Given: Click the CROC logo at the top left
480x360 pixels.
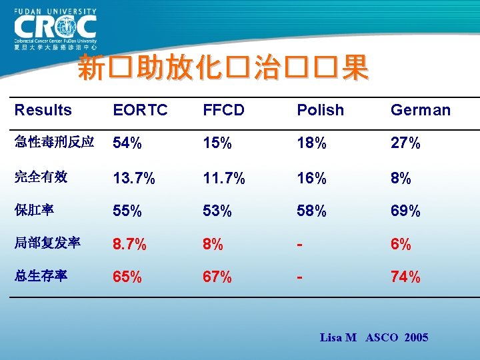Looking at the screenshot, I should click(x=55, y=30).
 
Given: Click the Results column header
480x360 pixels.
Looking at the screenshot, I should click(x=43, y=110).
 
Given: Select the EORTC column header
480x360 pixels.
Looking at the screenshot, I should click(x=141, y=110).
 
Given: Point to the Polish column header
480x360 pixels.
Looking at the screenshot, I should click(x=320, y=110).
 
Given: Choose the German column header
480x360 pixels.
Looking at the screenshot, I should click(x=420, y=110).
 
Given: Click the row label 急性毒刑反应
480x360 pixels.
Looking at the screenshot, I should click(x=54, y=143).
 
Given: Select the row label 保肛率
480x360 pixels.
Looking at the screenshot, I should click(x=34, y=211).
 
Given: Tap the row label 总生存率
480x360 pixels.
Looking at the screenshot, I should click(x=41, y=276).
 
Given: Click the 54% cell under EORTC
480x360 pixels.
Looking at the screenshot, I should click(x=127, y=143).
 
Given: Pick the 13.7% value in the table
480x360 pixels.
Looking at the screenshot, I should click(x=134, y=178).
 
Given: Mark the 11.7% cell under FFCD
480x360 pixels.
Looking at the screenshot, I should click(x=224, y=178).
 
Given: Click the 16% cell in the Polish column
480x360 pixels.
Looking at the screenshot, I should click(x=312, y=178).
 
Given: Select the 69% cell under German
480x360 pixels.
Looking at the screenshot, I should click(x=405, y=211).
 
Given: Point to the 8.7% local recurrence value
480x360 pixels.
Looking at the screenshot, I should click(x=130, y=245).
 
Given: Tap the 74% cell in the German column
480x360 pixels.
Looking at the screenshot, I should click(x=405, y=277).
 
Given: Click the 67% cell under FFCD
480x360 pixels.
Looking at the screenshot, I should click(x=217, y=277).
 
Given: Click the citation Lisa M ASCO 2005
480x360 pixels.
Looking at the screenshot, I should click(x=374, y=338).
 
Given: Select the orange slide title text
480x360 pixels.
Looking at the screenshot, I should click(x=223, y=69).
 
